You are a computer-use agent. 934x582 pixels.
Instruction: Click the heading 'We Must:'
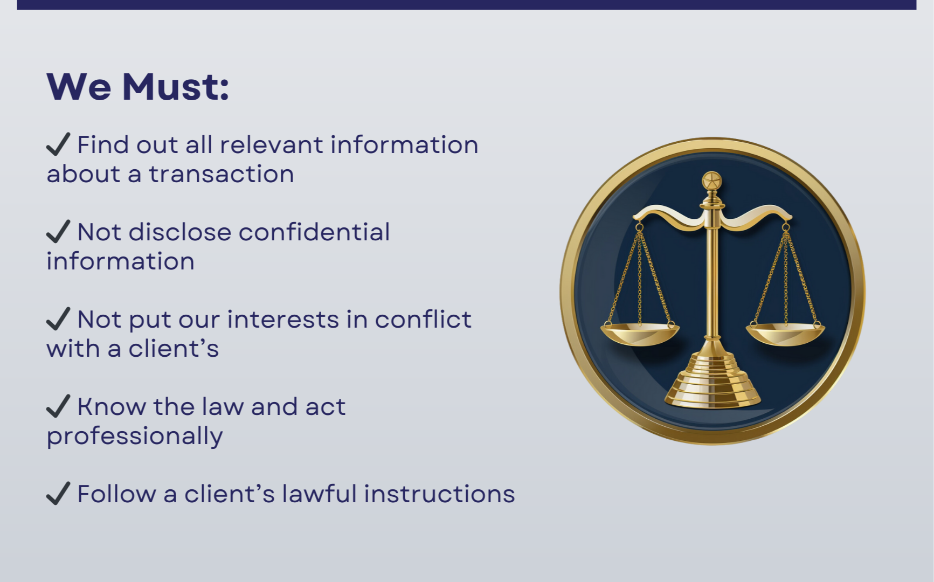point(138,86)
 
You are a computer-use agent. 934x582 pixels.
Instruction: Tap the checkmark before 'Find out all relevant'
point(58,144)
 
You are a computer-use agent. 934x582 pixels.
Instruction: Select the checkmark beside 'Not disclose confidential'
point(58,232)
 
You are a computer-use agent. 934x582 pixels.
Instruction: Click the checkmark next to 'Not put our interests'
point(58,319)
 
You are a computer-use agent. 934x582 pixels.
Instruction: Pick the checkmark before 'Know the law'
point(58,406)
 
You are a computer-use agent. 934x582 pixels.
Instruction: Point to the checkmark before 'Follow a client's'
point(58,494)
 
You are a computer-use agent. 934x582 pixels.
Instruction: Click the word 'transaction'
point(222,175)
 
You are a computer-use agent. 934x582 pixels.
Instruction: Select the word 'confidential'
point(314,232)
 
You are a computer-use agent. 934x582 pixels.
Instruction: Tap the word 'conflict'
point(423,320)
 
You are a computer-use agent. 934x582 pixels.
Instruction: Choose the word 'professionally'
point(135,436)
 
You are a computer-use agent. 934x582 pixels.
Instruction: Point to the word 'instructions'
point(439,494)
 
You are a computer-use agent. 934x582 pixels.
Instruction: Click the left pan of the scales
point(640,334)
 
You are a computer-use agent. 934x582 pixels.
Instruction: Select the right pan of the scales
point(785,334)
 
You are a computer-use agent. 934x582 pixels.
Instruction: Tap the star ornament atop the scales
point(712,181)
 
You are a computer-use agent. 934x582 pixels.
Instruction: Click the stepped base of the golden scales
point(712,380)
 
